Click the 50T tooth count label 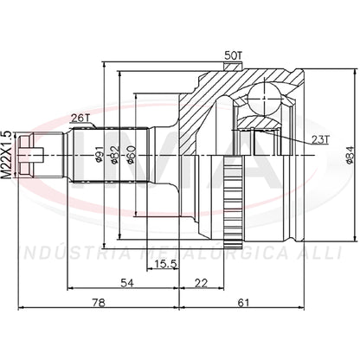pos(233,55)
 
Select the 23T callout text pos(320,139)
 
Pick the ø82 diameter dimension pos(115,154)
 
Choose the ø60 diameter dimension pos(132,155)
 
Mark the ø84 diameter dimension pos(349,155)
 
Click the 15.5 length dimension pos(165,264)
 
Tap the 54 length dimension pos(127,283)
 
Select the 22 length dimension pos(201,283)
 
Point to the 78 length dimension pos(99,303)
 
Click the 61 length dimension pos(243,303)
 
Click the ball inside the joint pos(265,99)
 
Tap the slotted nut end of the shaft pos(27,155)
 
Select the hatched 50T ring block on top pos(233,67)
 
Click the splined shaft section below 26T pos(110,155)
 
